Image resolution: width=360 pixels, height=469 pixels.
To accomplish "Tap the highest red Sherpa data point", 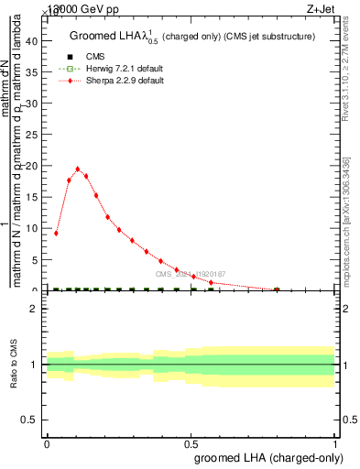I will [77, 169].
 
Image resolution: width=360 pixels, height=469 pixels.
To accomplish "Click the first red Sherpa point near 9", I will [56, 233].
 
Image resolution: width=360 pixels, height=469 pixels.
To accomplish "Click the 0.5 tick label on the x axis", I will [191, 443].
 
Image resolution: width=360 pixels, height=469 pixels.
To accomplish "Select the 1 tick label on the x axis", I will [335, 443].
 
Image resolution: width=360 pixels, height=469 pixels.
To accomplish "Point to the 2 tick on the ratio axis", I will [33, 309].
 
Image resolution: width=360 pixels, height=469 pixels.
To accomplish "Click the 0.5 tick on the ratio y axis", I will [30, 420].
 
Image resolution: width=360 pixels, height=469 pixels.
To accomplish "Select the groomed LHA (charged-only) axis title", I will [265, 457].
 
